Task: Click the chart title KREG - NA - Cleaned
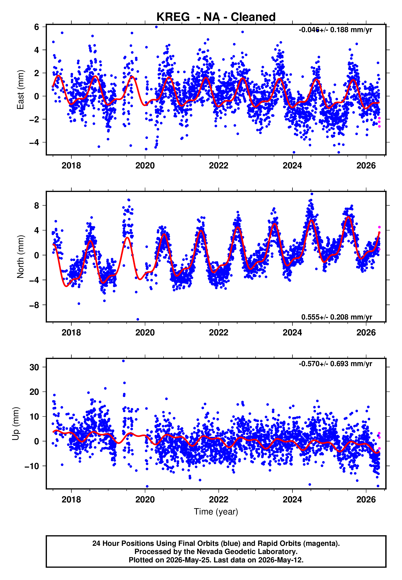coord(216,17)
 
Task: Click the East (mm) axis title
coord(20,90)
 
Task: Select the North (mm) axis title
coord(20,257)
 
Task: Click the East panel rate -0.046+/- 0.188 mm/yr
coord(335,30)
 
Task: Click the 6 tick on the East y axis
coord(37,27)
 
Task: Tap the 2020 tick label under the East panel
coord(145,166)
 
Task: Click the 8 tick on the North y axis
coord(37,205)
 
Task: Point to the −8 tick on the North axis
coord(34,305)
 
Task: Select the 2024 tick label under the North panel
coord(292,333)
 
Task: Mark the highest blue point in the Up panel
coord(123,361)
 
